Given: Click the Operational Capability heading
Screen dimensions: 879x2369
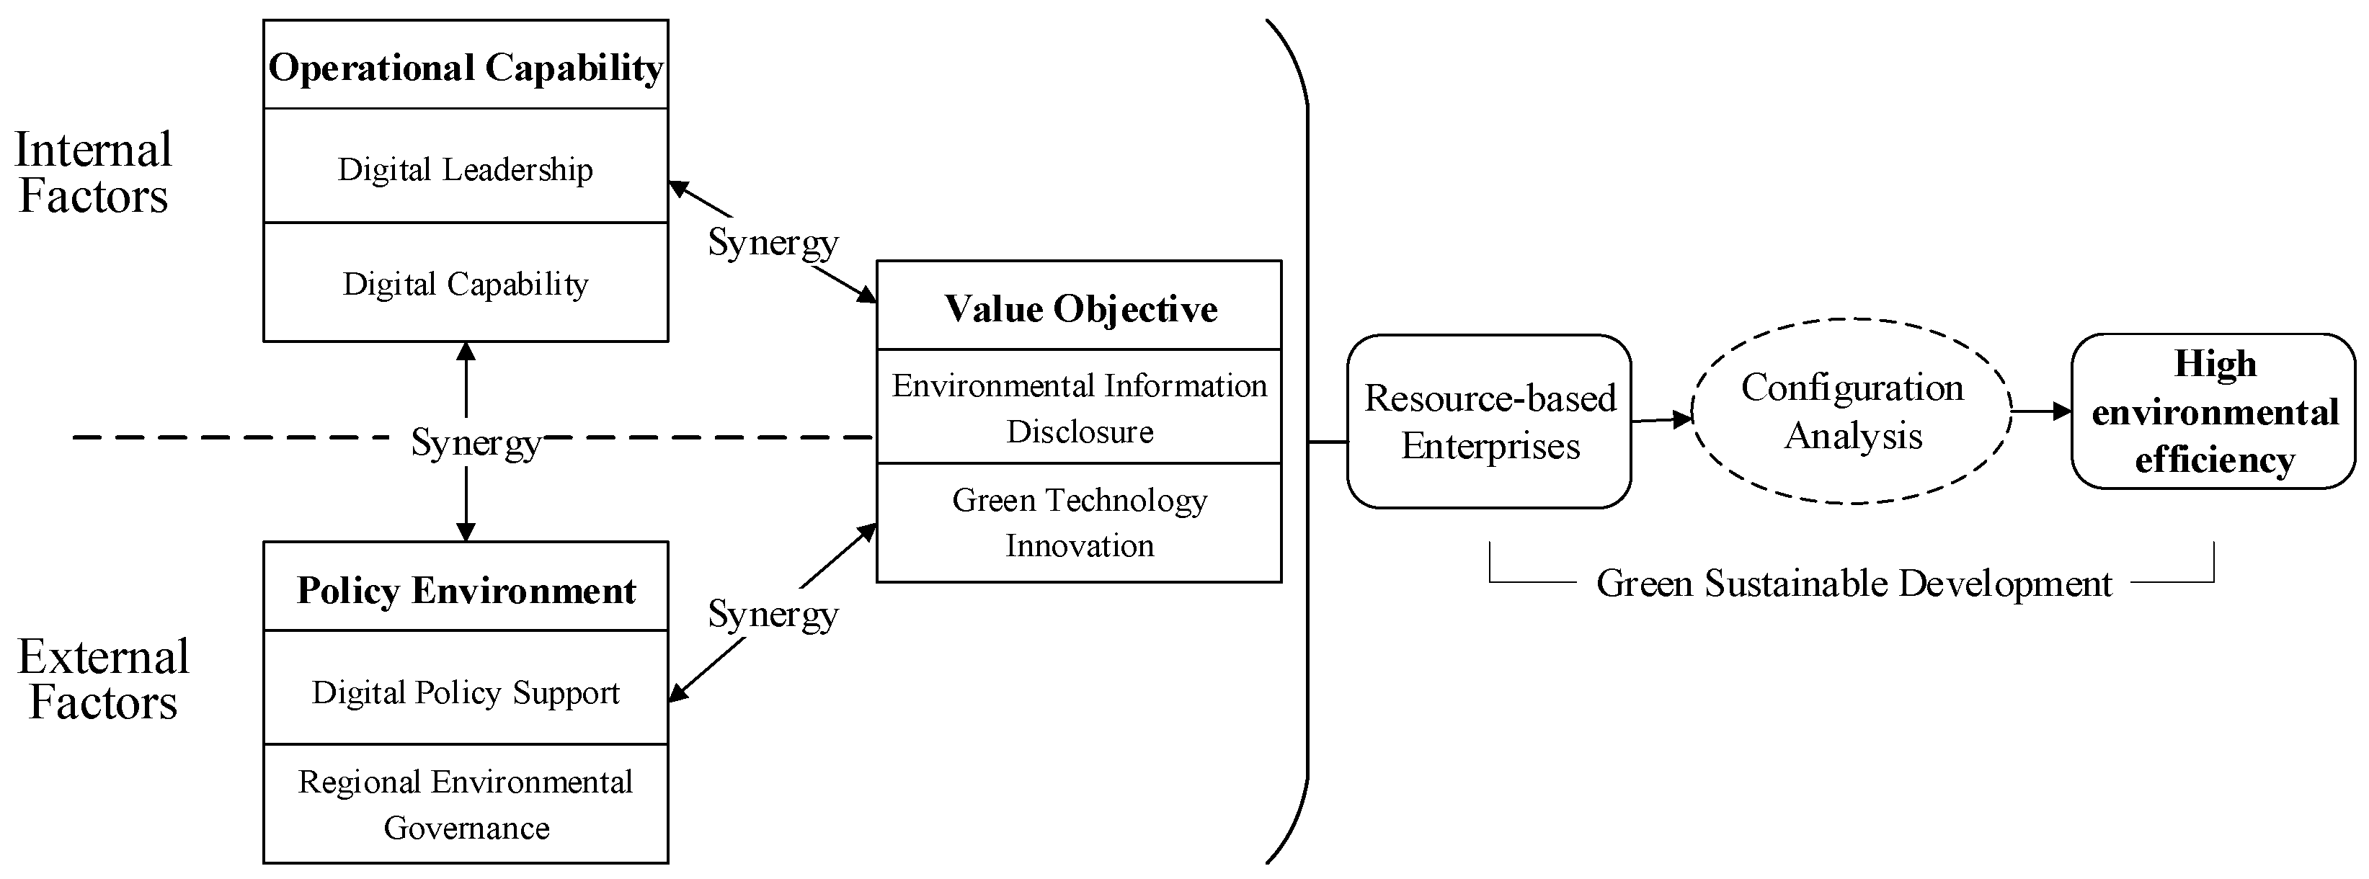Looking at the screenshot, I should coord(466,67).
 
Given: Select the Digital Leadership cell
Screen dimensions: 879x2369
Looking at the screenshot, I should coord(466,169).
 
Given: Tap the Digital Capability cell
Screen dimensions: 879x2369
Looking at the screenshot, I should coord(466,283).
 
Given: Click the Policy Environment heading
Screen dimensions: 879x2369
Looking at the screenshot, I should coord(466,589).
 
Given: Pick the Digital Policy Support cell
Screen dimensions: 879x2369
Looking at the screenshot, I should coord(466,692).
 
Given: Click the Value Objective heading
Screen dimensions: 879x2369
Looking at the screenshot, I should coord(1080,308).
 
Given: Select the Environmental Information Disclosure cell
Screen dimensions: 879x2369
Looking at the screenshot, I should coord(1080,407).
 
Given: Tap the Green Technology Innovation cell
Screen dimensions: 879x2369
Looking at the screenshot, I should coord(1080,522).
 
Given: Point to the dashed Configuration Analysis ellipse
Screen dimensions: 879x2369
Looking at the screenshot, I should coord(1852,411).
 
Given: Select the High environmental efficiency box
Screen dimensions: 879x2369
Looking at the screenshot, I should coord(2213,411).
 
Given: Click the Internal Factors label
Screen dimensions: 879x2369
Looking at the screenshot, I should coord(93,173).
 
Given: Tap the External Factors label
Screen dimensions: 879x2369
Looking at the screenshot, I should coord(102,679).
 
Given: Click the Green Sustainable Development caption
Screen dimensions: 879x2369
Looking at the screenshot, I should coord(1853,583).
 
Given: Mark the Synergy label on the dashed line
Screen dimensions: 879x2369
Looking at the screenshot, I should coord(474,442).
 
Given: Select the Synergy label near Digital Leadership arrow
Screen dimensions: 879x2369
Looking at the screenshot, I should coord(773,242).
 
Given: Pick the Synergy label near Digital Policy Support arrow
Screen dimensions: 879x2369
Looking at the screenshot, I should coord(773,613).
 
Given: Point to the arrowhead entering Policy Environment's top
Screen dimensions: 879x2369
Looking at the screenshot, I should coord(466,532).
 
